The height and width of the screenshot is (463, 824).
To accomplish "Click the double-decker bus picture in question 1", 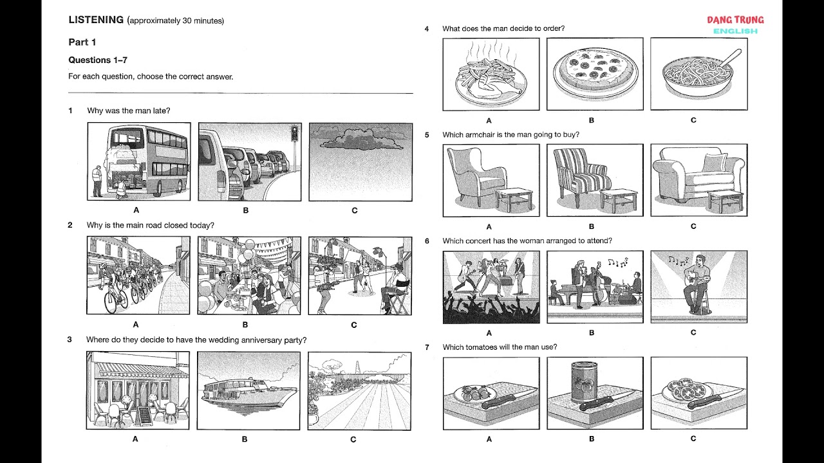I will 138,161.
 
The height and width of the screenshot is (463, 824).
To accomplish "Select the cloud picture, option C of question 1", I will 360,161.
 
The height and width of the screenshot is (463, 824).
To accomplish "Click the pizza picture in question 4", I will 594,73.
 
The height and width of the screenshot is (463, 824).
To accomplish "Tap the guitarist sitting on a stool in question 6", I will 696,283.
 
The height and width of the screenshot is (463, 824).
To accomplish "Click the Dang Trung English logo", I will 735,24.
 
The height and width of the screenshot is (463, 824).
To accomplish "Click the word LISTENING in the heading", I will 96,20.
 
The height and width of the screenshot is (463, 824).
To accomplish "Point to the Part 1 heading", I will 82,42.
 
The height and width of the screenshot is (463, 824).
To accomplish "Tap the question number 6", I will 427,241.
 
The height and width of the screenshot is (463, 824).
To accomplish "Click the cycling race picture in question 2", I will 138,275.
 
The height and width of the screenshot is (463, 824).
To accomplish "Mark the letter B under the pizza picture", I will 592,120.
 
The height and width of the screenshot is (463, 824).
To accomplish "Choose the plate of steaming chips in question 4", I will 491,75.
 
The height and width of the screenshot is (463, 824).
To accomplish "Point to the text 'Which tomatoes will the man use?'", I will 500,347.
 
